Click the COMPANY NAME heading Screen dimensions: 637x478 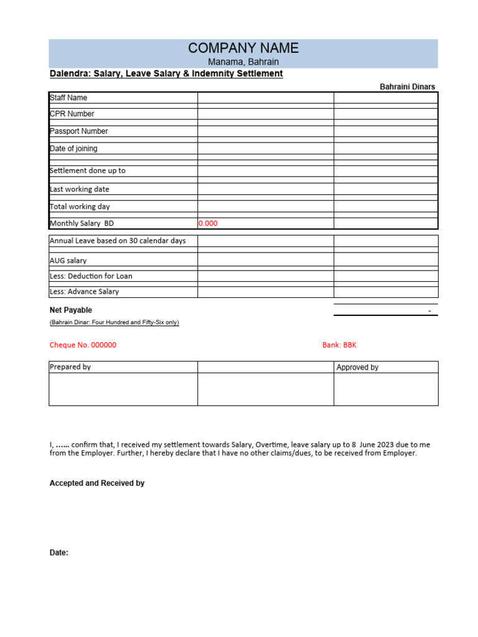[243, 48]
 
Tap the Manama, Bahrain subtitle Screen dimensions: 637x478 [243, 62]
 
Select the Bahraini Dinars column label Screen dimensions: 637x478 [407, 87]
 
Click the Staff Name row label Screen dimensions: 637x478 [68, 98]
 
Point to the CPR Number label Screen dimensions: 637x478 [72, 114]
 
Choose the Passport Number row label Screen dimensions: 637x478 [78, 131]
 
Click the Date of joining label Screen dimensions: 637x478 [73, 149]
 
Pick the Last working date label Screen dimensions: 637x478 [79, 189]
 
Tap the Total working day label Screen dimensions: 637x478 [80, 207]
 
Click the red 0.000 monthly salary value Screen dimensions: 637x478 [208, 223]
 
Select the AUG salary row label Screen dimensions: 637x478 [68, 261]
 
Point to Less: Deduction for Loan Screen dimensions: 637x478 [91, 276]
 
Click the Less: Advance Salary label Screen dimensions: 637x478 [84, 292]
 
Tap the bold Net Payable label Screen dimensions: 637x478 [70, 310]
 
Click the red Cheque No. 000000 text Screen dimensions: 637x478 [83, 345]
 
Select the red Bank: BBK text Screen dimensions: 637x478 [339, 345]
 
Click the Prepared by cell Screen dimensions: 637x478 [70, 367]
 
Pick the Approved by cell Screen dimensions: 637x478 [357, 368]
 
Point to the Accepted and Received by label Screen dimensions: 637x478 [97, 483]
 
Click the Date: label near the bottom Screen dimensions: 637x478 [59, 553]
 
